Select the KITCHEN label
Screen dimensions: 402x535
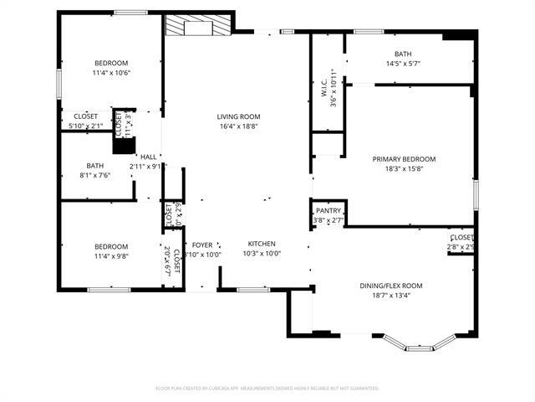(x=261, y=244)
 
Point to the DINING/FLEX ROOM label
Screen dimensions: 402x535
(x=391, y=286)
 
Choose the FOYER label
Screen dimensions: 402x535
(x=201, y=244)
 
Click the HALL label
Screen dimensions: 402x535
(x=148, y=157)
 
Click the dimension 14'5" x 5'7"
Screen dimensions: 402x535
(x=402, y=64)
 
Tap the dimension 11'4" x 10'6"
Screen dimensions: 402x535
(x=110, y=73)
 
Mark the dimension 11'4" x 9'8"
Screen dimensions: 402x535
(x=110, y=256)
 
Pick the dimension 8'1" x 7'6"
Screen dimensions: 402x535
(x=94, y=175)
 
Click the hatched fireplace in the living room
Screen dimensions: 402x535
(x=185, y=27)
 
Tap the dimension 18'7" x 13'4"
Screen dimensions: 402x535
(x=391, y=296)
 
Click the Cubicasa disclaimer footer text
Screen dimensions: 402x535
(x=267, y=388)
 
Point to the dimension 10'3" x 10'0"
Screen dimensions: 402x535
(x=261, y=254)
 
